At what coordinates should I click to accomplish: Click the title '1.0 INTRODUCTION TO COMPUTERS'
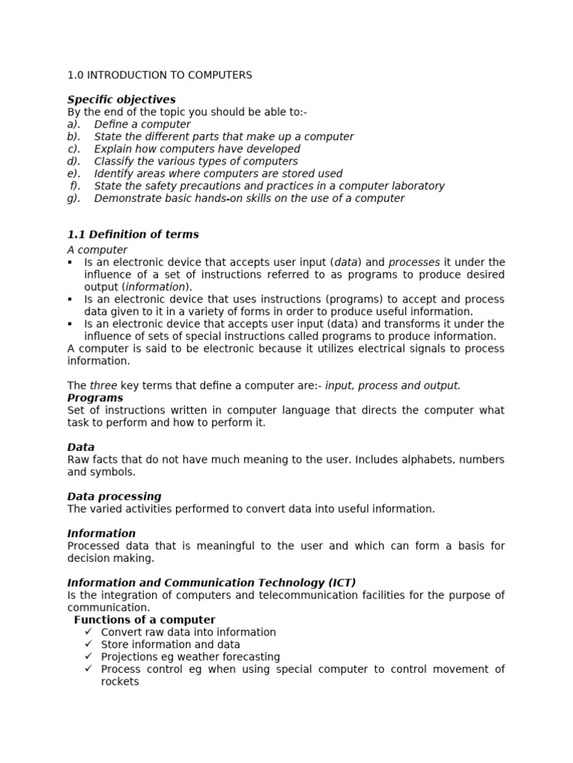point(160,75)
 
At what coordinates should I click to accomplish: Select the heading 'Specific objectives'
point(122,99)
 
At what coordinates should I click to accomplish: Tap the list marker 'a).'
point(74,124)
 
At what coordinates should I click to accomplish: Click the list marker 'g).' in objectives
point(74,198)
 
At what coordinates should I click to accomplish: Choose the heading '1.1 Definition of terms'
point(133,234)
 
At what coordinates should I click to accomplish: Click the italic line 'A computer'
point(97,250)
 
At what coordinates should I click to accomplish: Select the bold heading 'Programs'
point(95,398)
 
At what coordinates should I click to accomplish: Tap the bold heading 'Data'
point(81,447)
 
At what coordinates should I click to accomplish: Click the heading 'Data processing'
point(114,496)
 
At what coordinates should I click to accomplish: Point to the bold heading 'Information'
point(101,534)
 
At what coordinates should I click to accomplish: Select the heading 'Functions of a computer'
point(145,620)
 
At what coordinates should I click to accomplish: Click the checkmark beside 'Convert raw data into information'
point(89,632)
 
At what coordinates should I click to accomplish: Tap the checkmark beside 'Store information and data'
point(89,645)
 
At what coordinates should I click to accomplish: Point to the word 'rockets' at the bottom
point(120,681)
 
